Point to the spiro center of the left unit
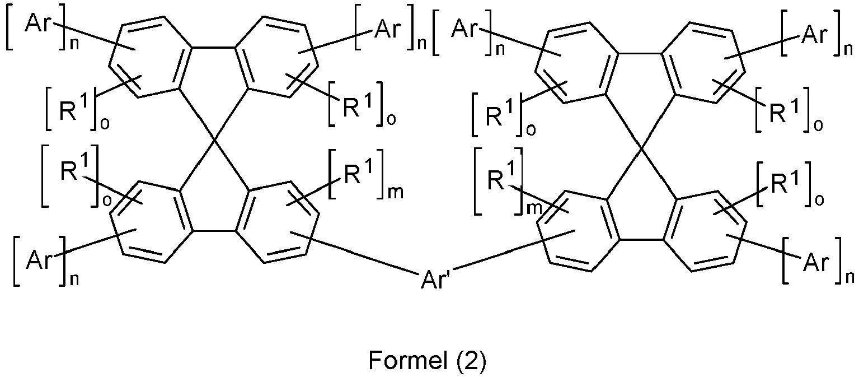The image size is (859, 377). (214, 141)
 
